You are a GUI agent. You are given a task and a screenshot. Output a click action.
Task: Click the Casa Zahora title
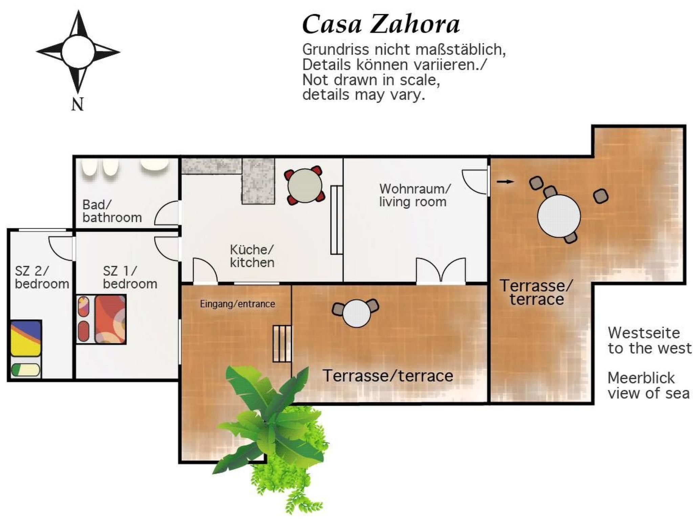coord(381,25)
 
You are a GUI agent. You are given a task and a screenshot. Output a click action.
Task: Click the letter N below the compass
coord(77,104)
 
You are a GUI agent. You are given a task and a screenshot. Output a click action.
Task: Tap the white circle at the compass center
coord(78,52)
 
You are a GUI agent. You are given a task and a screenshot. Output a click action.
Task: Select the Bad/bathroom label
coord(112,211)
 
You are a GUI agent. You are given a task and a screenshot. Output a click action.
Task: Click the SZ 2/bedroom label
coord(42,277)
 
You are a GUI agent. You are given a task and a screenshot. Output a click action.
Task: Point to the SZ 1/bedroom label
coord(130,277)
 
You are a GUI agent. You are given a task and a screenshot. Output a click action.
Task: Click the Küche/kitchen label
coord(252,256)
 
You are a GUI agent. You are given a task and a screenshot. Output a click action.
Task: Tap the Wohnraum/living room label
coord(415,195)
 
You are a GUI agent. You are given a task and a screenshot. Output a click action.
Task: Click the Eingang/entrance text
coord(237,304)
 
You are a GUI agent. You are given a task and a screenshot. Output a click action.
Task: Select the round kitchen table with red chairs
coord(305,186)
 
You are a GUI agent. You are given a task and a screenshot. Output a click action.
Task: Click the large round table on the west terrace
coord(559,216)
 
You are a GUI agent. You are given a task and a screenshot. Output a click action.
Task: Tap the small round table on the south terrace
coord(356,314)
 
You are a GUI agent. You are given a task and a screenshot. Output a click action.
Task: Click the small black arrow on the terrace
coord(505,181)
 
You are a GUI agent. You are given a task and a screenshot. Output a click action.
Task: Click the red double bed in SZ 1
coord(110,319)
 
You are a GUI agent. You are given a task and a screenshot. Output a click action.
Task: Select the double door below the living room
coord(441,270)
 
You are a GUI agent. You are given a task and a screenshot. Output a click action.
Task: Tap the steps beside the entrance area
coord(282,344)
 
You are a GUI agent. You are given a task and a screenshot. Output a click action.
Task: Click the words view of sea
coord(648,393)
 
